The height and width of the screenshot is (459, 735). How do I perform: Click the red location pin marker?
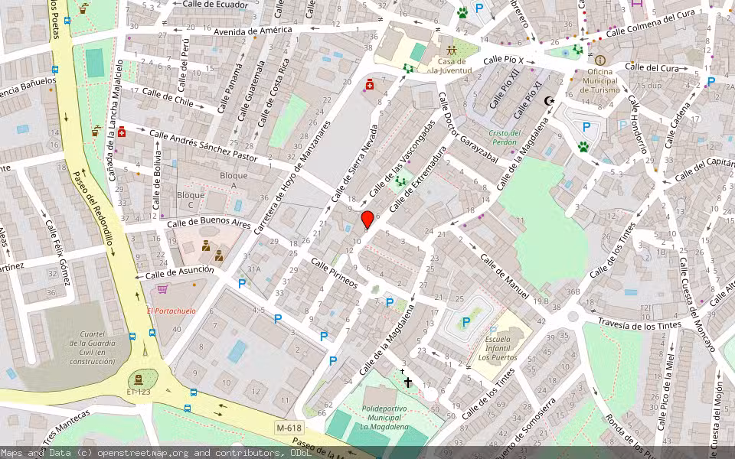pyautogui.click(x=367, y=220)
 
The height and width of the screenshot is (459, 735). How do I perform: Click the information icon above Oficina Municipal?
pyautogui.click(x=599, y=60)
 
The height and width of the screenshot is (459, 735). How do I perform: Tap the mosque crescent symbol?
pyautogui.click(x=548, y=100)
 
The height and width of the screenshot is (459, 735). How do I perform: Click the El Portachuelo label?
pyautogui.click(x=171, y=311)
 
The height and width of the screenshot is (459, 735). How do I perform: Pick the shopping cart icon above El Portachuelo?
pyautogui.click(x=162, y=289)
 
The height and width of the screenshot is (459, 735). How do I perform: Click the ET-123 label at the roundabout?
pyautogui.click(x=138, y=392)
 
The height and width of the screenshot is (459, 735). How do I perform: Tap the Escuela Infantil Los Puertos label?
pyautogui.click(x=497, y=347)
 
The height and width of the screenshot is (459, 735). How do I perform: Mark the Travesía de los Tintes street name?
pyautogui.click(x=638, y=324)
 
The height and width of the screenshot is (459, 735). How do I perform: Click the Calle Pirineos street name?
pyautogui.click(x=334, y=272)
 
